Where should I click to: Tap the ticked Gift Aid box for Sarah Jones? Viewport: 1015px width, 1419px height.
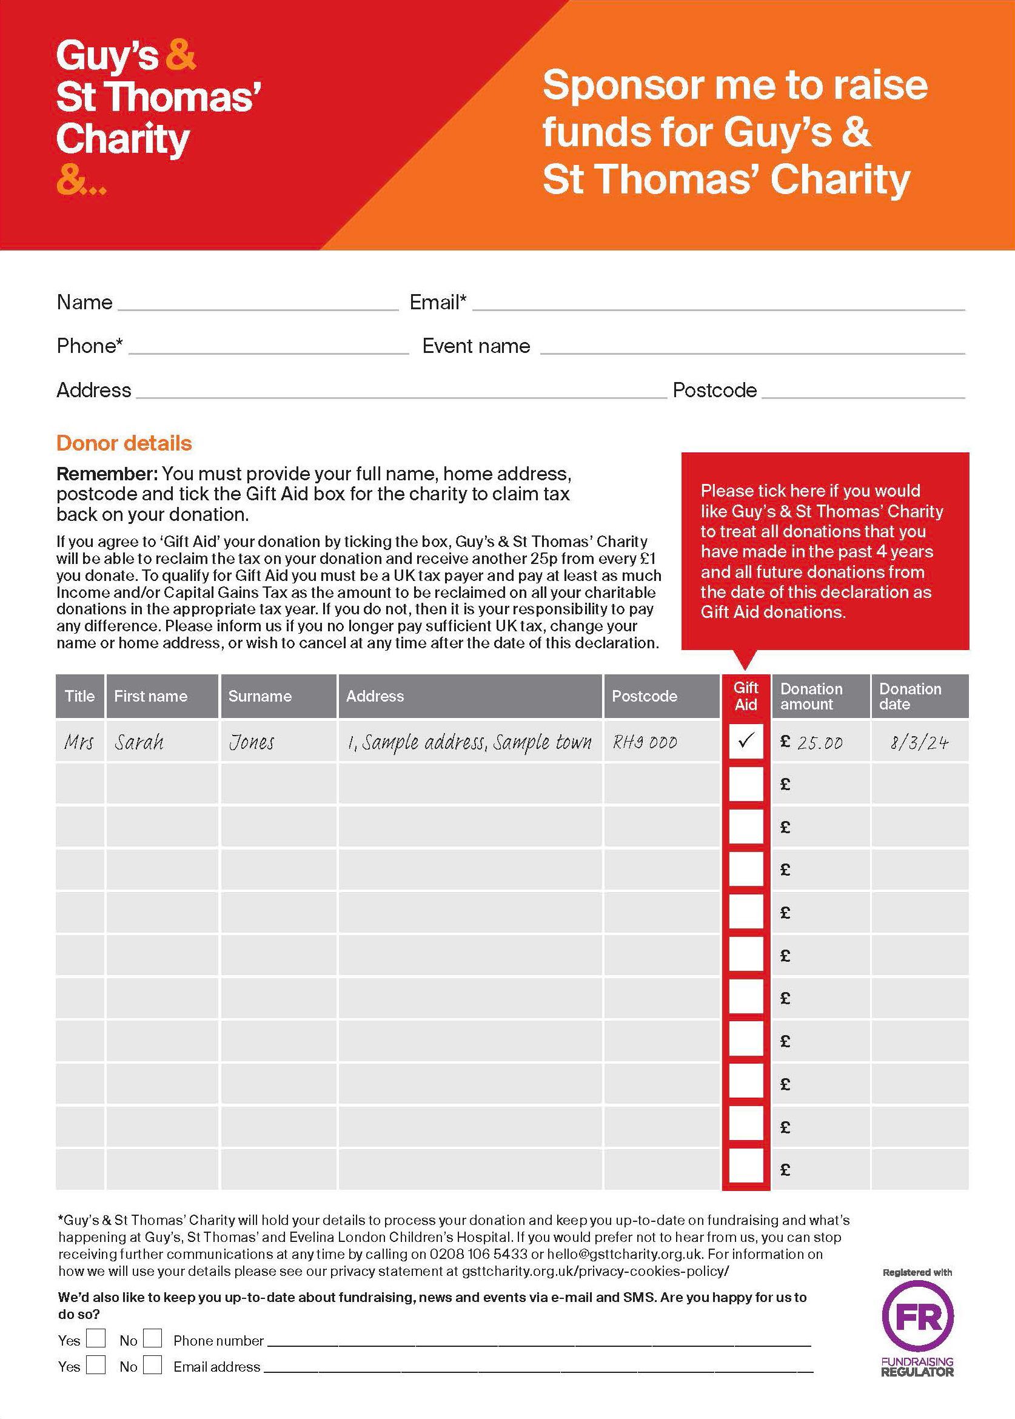[746, 742]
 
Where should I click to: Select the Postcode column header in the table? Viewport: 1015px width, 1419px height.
[645, 696]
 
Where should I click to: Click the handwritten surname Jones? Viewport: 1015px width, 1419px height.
[251, 743]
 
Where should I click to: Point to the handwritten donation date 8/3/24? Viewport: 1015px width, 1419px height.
[919, 743]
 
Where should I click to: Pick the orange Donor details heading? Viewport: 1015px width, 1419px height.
[124, 443]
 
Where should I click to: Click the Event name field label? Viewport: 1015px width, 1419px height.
[475, 346]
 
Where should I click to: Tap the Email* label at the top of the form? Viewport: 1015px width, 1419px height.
[438, 303]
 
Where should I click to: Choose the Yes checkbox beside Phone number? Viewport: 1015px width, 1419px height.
[96, 1338]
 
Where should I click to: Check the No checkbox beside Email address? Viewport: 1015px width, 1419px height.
[152, 1364]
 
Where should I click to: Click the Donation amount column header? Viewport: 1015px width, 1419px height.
[811, 696]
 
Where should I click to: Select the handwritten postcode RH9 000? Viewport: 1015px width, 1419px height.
[645, 743]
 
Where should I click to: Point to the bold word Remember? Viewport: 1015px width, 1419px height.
[106, 473]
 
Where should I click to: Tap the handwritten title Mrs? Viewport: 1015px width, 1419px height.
[79, 743]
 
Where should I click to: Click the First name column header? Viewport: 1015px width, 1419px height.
[150, 696]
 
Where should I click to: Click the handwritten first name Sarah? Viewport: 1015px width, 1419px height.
[139, 743]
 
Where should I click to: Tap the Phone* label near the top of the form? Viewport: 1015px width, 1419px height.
[89, 346]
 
